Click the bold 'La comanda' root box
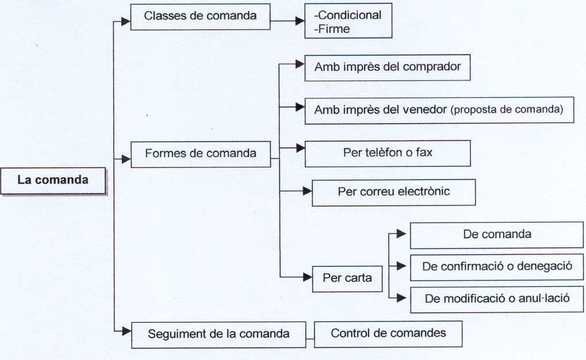pyautogui.click(x=53, y=181)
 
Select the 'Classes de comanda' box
pyautogui.click(x=200, y=17)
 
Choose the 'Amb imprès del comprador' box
pyautogui.click(x=387, y=67)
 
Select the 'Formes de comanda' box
pyautogui.click(x=200, y=154)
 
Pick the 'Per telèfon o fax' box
pyautogui.click(x=387, y=154)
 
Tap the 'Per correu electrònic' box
pyautogui.click(x=393, y=192)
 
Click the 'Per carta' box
pyautogui.click(x=347, y=278)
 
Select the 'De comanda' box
pyautogui.click(x=497, y=235)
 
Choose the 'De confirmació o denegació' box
pyautogui.click(x=497, y=267)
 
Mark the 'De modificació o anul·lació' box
pyautogui.click(x=497, y=299)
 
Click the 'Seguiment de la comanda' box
pyautogui.click(x=218, y=334)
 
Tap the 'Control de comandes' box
pyautogui.click(x=388, y=334)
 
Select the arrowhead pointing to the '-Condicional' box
pyautogui.click(x=300, y=21)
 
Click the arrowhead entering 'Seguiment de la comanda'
pyautogui.click(x=127, y=330)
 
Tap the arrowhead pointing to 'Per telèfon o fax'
pyautogui.click(x=300, y=148)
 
